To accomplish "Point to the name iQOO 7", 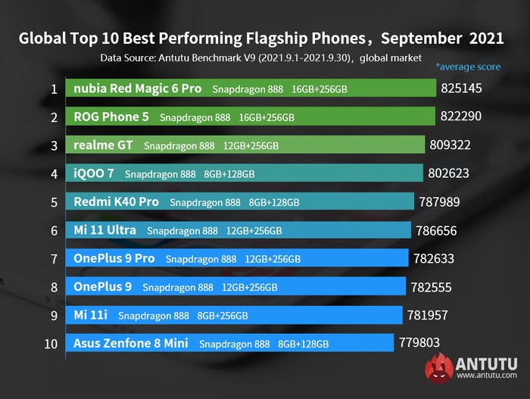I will click(x=94, y=173).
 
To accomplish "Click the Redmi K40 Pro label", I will click(x=116, y=202).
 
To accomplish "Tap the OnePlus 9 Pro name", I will click(x=114, y=259).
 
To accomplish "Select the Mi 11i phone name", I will click(x=90, y=315).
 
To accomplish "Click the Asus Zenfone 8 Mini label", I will click(x=130, y=344).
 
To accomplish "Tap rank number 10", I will click(x=51, y=344).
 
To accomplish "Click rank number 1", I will click(x=54, y=89).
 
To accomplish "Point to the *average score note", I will click(x=468, y=67).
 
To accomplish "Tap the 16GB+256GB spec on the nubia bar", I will click(x=320, y=89).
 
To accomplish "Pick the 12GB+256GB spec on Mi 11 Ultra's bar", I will click(x=253, y=231).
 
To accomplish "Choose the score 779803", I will click(x=419, y=344).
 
